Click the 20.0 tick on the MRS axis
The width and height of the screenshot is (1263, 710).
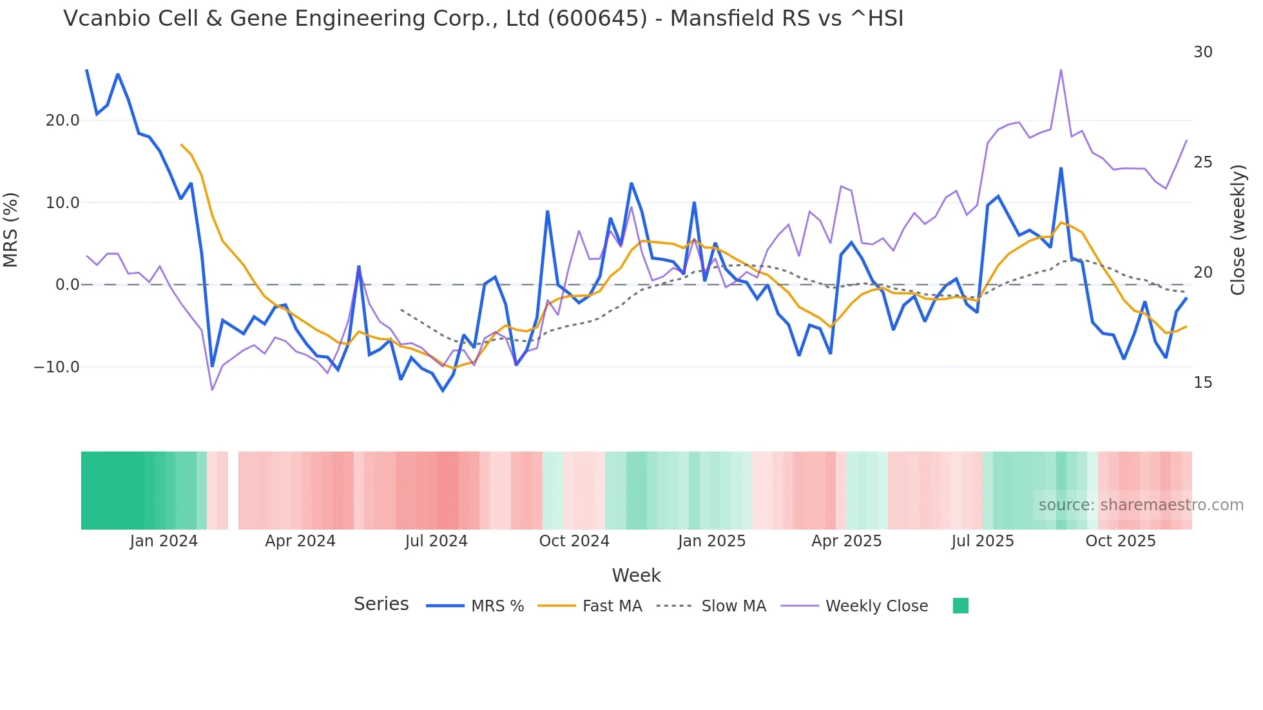point(63,120)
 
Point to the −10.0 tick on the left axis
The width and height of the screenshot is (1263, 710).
point(57,367)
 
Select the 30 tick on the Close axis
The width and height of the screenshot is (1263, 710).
point(1202,52)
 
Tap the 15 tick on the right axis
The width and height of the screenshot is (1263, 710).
point(1202,383)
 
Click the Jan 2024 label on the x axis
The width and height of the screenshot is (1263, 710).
point(164,541)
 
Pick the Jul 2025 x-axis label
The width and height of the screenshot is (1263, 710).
point(982,541)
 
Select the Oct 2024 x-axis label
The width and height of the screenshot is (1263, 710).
point(574,541)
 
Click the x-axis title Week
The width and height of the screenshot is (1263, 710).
point(636,575)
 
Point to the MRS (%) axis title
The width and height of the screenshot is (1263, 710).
point(11,229)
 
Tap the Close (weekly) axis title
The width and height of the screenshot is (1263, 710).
point(1238,229)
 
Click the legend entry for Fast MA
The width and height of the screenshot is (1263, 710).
point(612,606)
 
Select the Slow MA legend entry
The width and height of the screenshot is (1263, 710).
point(733,606)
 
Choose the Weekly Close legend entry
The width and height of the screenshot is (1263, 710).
point(876,606)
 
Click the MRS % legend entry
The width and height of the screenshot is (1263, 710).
point(497,606)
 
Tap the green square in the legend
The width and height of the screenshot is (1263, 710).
point(960,606)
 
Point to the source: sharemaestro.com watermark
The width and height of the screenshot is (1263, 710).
point(1141,505)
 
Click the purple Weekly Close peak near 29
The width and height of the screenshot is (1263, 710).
point(1061,70)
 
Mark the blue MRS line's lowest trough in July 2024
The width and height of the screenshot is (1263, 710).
point(443,390)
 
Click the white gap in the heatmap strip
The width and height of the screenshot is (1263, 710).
point(233,490)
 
